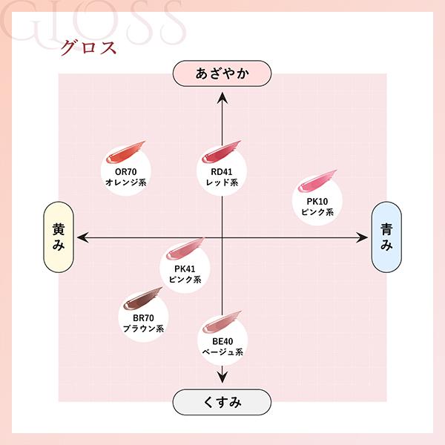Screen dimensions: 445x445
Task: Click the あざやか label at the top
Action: (x=222, y=73)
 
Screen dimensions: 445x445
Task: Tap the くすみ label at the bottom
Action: (x=222, y=402)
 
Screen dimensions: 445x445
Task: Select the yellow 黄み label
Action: (x=59, y=237)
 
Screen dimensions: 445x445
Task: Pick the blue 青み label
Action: (x=386, y=237)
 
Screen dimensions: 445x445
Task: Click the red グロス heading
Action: (x=88, y=47)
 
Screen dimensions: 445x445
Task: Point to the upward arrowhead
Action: (x=222, y=98)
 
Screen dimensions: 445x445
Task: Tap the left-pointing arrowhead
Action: (x=82, y=237)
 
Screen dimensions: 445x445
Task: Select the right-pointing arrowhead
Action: (x=362, y=237)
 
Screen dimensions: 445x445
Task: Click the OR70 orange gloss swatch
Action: (x=125, y=152)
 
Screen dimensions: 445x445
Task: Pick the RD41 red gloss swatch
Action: (x=221, y=152)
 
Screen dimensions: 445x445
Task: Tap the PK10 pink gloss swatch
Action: (x=317, y=181)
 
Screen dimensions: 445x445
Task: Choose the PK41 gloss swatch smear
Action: (x=185, y=248)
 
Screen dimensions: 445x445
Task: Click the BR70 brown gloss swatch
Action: (x=142, y=298)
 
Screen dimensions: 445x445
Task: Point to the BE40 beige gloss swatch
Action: (x=222, y=323)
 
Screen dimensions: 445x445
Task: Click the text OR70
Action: (x=126, y=172)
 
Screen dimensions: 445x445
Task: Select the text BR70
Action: (x=143, y=318)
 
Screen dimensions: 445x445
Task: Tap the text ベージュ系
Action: (x=222, y=352)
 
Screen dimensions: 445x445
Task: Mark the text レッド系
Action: (x=222, y=182)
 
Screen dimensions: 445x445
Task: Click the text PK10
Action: (x=317, y=201)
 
